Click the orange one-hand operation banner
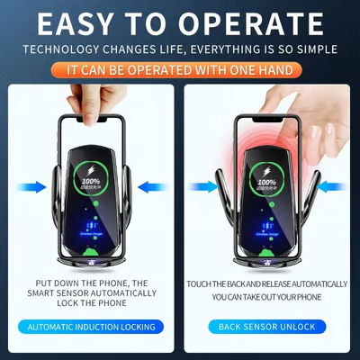pyautogui.click(x=180, y=68)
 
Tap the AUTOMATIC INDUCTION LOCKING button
pyautogui.click(x=91, y=327)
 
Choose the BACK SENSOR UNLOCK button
pyautogui.click(x=267, y=327)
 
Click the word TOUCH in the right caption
pyautogui.click(x=202, y=283)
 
